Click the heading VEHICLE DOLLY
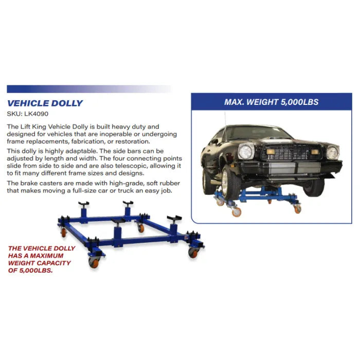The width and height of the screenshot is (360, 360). point(45,103)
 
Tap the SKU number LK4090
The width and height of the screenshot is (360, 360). point(37,114)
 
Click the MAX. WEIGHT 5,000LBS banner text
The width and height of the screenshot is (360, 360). point(272,102)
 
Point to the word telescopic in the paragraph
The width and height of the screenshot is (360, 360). point(131,166)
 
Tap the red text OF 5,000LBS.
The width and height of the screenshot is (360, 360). point(30,270)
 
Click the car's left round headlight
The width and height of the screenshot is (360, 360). point(245,152)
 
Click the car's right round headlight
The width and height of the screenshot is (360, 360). point(332,153)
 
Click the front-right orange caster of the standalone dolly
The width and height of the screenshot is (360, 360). point(193,253)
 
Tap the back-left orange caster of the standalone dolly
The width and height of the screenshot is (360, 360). point(64,232)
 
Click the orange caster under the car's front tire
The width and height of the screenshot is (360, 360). point(237,212)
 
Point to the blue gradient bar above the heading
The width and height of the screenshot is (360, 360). point(89,89)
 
